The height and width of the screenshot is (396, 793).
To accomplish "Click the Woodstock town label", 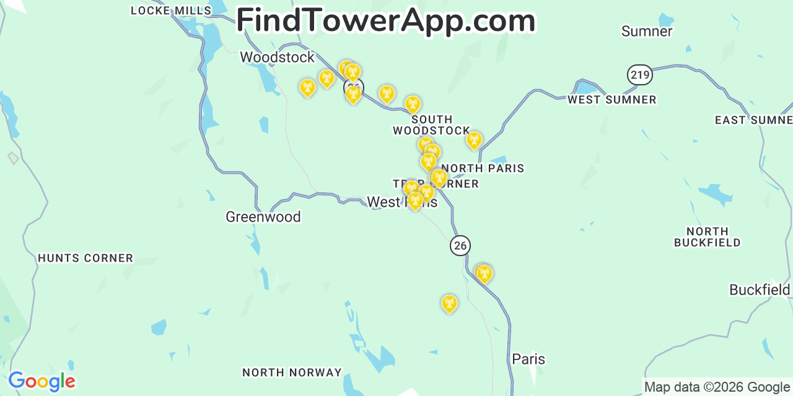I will tap(277, 57).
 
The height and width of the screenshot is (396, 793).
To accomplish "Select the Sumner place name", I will tap(646, 31).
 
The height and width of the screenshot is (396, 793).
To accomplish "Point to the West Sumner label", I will tap(611, 100).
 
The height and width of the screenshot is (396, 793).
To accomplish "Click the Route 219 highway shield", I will tap(639, 75).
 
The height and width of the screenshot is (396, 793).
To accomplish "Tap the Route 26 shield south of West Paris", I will tap(460, 245).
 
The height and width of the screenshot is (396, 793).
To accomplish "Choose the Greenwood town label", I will tap(263, 217).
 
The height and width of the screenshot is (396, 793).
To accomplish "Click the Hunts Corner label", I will tap(85, 258).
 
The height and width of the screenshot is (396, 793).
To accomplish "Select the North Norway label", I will tap(292, 372).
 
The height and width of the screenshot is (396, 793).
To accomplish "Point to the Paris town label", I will tap(528, 359).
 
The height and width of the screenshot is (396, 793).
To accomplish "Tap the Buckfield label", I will tap(760, 290).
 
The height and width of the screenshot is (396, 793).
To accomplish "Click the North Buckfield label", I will tap(707, 236).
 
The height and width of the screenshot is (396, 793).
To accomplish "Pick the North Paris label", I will tap(483, 168).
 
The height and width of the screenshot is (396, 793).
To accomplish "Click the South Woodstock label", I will tap(432, 125).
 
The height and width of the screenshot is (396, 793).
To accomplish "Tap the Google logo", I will tap(42, 381).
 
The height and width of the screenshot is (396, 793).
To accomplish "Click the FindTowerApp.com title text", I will tap(385, 20).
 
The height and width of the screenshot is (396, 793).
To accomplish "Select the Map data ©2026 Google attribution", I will tap(717, 387).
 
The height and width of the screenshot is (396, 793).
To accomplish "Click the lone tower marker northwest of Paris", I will tap(449, 304).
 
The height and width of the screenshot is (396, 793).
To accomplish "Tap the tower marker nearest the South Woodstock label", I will tap(413, 104).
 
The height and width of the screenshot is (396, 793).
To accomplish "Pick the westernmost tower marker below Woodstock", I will tap(307, 88).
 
